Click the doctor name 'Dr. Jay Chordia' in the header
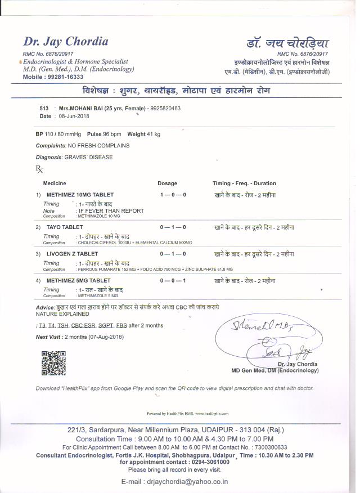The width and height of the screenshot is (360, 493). click(x=66, y=41)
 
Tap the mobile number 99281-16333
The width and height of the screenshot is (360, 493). click(x=64, y=77)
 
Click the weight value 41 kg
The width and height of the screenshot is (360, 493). click(x=153, y=135)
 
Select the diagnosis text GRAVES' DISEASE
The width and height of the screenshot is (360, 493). click(x=88, y=158)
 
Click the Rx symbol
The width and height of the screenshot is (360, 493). click(x=39, y=169)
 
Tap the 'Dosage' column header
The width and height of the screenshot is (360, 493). click(x=167, y=183)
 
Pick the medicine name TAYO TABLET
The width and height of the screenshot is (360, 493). click(x=64, y=227)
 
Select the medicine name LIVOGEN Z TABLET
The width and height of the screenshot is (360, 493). click(x=72, y=254)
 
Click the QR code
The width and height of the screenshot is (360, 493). click(x=54, y=362)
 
